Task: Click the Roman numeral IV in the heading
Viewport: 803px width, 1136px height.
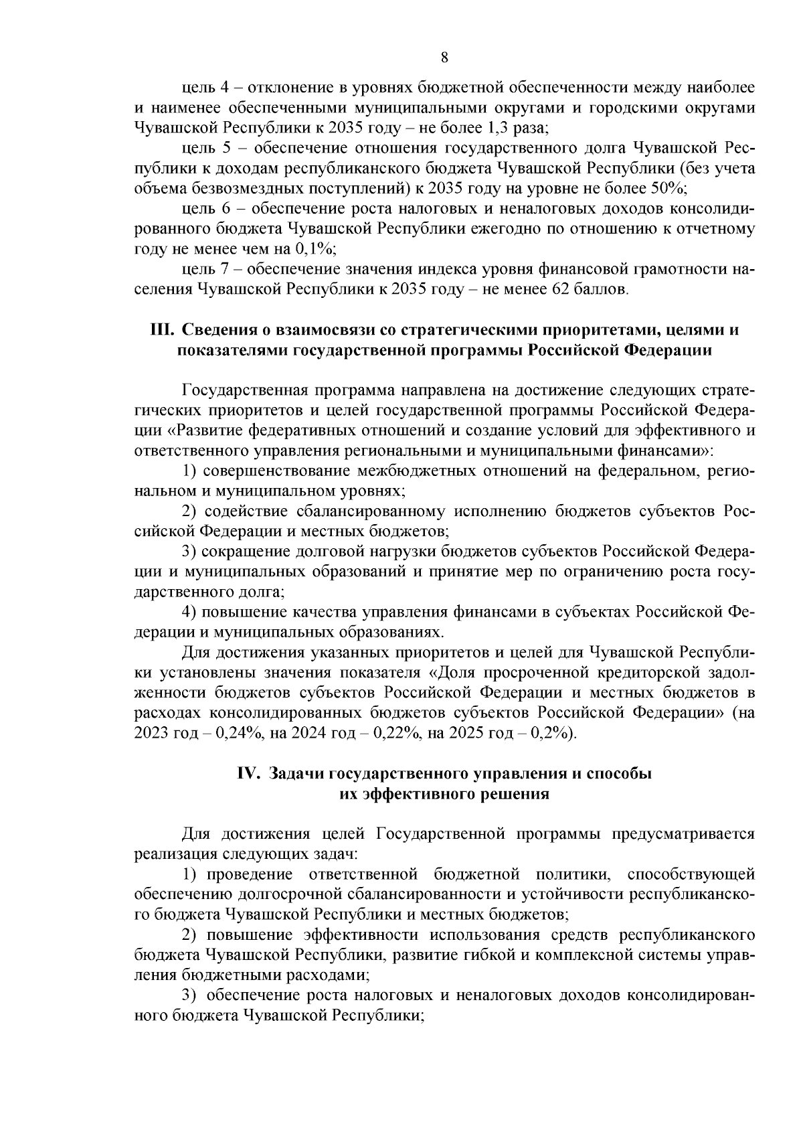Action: (x=249, y=774)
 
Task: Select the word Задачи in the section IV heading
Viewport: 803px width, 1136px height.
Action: (x=296, y=774)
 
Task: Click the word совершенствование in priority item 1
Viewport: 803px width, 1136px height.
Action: (x=278, y=471)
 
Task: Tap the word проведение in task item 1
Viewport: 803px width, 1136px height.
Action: (x=250, y=874)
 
